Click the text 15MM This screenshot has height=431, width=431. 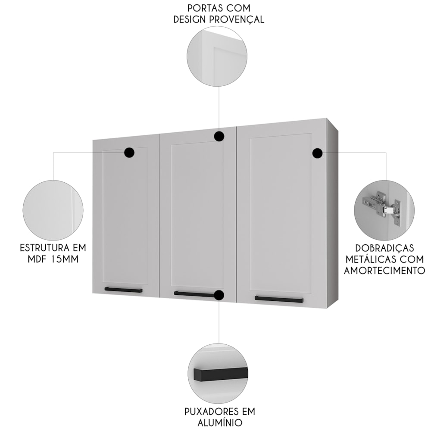(x=65, y=259)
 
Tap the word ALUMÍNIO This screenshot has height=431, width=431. (x=220, y=422)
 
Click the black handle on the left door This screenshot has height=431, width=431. (x=123, y=290)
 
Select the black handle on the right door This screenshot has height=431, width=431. (x=279, y=299)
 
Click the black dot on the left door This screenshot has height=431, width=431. (x=129, y=152)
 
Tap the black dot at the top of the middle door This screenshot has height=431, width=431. (x=219, y=136)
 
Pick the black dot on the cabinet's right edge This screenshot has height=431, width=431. (x=318, y=153)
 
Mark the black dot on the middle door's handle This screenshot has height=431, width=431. (x=219, y=295)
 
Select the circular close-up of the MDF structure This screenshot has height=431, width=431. (x=53, y=211)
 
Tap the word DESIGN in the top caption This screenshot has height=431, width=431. (x=190, y=20)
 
